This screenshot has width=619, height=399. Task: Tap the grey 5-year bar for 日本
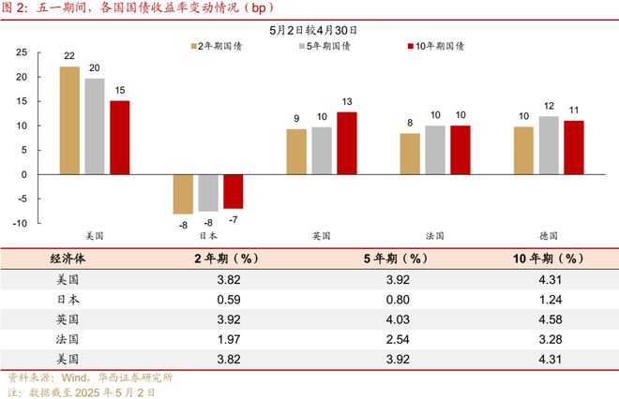coord(207,192)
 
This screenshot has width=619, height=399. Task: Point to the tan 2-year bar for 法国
coord(410,154)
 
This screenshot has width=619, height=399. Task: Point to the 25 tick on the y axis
coord(21,52)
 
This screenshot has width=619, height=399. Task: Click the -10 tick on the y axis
coord(19,223)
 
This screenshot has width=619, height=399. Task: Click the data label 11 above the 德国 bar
coord(573,110)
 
